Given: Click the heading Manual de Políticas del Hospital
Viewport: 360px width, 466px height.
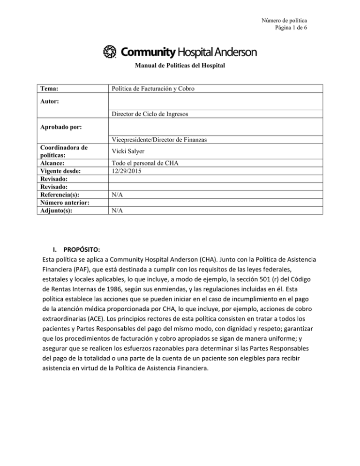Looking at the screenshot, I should point(180,67).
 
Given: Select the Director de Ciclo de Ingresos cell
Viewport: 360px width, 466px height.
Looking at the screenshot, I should point(147,114).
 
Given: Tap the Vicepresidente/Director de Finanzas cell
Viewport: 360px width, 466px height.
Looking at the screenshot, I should point(155,139).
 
